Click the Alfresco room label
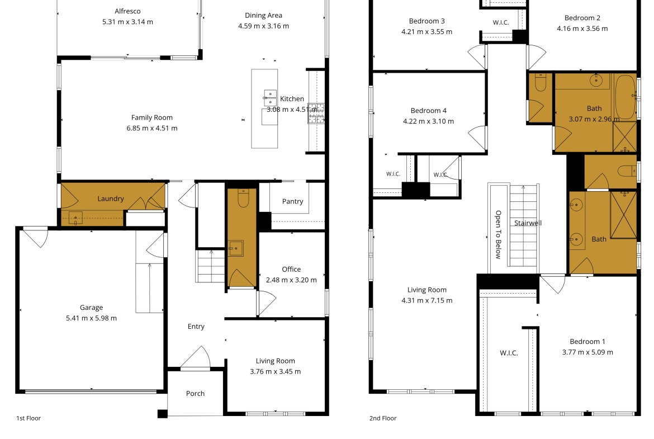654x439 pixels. tap(127, 11)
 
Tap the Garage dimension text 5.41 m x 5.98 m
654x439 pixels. tap(91, 318)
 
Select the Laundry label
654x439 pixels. tap(111, 199)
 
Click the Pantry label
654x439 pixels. tap(292, 201)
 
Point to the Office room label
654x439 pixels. tap(291, 269)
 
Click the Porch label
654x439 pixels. tap(195, 394)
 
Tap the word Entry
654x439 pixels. tap(196, 327)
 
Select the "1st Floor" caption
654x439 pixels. tap(29, 418)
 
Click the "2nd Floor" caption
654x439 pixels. tap(383, 418)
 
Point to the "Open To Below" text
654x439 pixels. tap(498, 234)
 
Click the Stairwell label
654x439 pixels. tap(528, 223)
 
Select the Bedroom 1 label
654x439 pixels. tap(587, 341)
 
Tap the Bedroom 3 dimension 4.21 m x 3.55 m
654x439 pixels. tap(426, 32)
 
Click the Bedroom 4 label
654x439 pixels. tap(428, 111)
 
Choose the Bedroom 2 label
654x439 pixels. tap(582, 18)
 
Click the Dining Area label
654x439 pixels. tap(264, 16)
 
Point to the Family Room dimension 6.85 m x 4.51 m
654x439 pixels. tap(152, 128)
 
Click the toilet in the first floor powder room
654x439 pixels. tap(243, 198)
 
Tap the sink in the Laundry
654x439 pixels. tap(75, 218)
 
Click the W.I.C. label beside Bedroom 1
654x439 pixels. tap(509, 353)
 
